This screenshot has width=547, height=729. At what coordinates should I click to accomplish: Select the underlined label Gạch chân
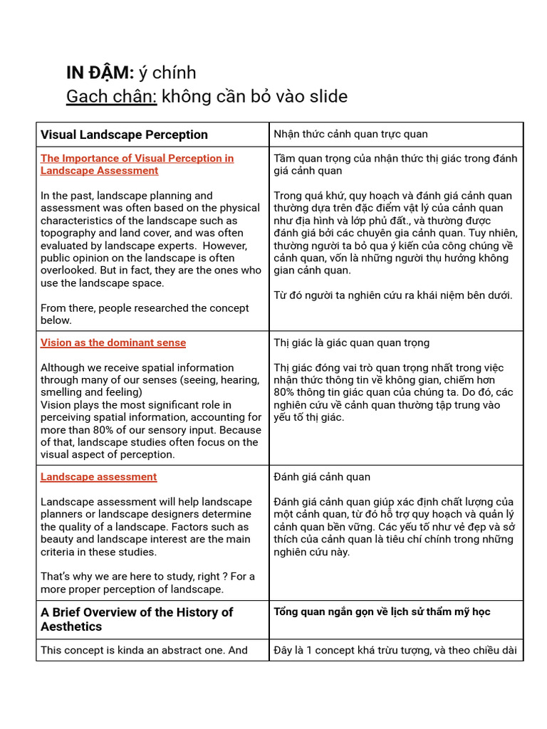coord(111,96)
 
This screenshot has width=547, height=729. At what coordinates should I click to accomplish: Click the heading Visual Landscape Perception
coord(124,135)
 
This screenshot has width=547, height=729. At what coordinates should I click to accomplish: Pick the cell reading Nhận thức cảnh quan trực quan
coord(350,134)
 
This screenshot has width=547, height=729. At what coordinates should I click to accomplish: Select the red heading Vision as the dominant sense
coord(113,342)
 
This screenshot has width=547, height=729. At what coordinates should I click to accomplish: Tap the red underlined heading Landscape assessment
coord(98,477)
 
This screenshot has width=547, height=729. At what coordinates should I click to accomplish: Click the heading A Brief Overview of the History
coord(136,612)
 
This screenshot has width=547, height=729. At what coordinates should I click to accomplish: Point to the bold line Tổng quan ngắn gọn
coord(382,612)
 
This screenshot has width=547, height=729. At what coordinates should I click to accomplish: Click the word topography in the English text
coord(70,233)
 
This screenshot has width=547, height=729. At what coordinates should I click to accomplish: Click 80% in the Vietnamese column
coord(286,392)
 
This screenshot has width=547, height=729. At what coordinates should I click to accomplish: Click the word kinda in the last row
coord(123,650)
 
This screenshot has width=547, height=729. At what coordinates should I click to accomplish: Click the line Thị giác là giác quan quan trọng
coord(351,342)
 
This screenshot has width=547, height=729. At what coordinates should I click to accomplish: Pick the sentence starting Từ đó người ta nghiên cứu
coord(392,295)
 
